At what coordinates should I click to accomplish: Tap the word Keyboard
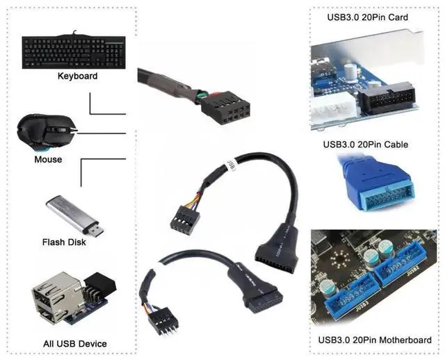[77, 76]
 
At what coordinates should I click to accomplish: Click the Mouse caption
[48, 159]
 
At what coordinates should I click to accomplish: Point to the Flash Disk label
[63, 242]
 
